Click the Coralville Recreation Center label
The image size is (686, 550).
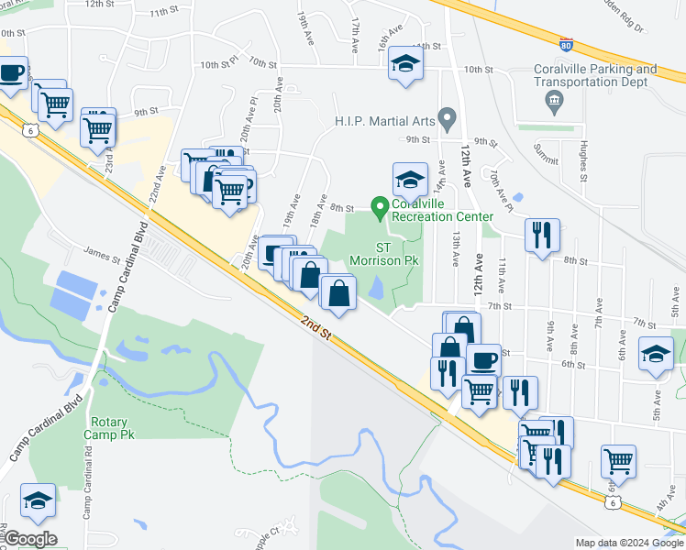tap(442, 210)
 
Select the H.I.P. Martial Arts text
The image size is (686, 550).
tap(383, 119)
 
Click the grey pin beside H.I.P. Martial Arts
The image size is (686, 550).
tap(447, 118)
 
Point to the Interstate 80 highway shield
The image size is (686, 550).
tap(567, 42)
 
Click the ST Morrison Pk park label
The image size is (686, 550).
tap(396, 254)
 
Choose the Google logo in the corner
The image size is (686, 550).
tap(30, 539)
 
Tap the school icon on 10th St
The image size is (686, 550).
tap(404, 63)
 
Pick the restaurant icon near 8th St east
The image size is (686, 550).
tap(541, 233)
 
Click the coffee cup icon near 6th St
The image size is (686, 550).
tap(483, 359)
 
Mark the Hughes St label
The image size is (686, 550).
tap(584, 160)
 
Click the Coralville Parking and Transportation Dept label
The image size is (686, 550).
tap(595, 75)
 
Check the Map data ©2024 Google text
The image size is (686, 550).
tap(629, 543)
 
